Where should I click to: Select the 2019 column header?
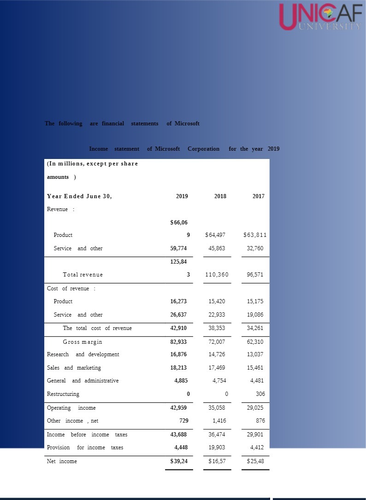point(182,196)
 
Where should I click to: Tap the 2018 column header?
point(220,196)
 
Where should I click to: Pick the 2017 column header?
point(259,196)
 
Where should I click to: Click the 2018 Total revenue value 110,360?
point(217,275)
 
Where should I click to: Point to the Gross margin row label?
point(83,342)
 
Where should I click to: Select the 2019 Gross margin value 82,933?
point(179,342)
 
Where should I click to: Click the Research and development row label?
point(83,354)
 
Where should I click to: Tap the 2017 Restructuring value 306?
point(260,394)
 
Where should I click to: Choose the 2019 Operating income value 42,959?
point(179,408)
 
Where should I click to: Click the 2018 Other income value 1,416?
point(219,421)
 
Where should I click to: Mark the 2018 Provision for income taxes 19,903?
point(217,447)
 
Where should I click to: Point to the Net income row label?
point(62,461)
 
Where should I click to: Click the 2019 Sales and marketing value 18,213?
point(179,368)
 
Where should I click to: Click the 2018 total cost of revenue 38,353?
point(217,328)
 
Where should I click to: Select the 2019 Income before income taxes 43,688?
point(179,435)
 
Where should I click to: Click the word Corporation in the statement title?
point(203,149)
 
